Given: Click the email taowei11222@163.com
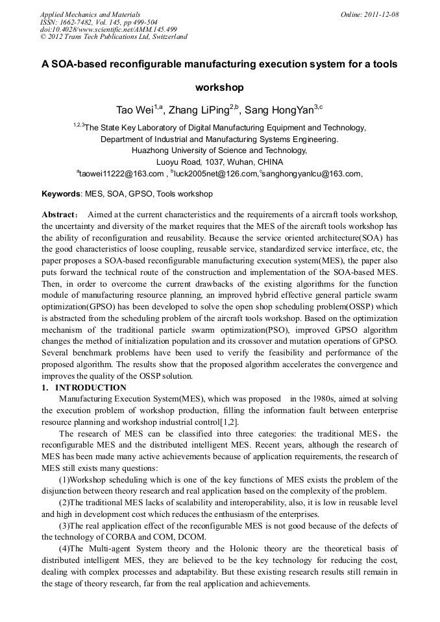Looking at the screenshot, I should tap(121, 174).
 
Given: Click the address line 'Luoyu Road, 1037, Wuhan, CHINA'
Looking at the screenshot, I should tap(219, 162).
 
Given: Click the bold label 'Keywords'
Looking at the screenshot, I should tap(61, 194).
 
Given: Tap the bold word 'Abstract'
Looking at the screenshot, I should tap(60, 215).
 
